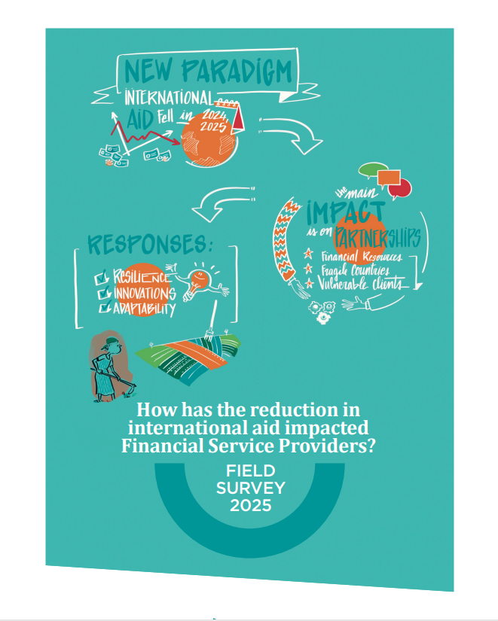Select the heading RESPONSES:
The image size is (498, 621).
pyautogui.click(x=151, y=244)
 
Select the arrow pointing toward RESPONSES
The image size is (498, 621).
pyautogui.click(x=219, y=199)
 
